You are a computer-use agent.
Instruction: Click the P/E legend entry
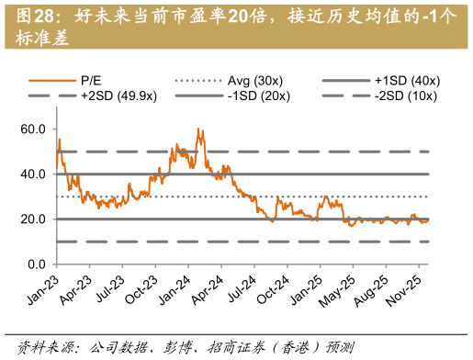[x=92, y=81]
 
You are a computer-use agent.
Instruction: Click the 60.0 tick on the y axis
[x=33, y=129]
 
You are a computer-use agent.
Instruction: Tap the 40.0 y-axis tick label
[x=33, y=174]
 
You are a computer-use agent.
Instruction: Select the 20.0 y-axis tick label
[x=33, y=219]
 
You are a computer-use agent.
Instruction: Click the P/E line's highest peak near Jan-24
[x=198, y=129]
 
